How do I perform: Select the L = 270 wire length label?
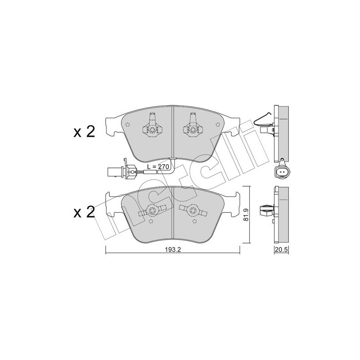(157, 167)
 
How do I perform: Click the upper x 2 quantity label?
(84, 132)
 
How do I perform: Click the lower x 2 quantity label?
(84, 212)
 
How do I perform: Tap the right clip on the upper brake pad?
(193, 126)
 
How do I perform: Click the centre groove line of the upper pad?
(173, 135)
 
